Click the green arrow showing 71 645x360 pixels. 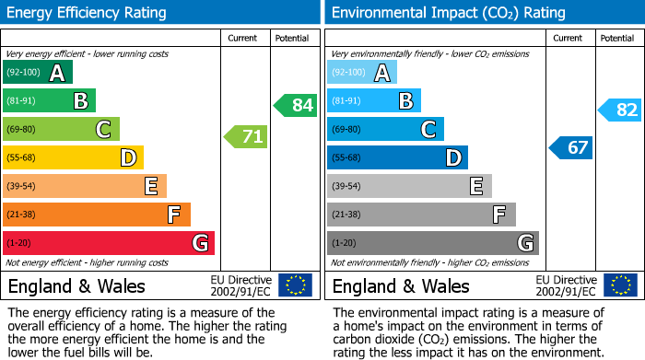[x=246, y=138]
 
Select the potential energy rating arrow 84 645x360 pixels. [x=296, y=105]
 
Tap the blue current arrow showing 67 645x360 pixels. [x=571, y=147]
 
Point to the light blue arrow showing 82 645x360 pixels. [x=620, y=110]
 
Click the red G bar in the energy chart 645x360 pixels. [x=109, y=243]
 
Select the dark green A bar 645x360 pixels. [x=38, y=73]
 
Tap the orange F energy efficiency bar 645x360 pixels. [x=97, y=215]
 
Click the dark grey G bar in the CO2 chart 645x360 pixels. [x=433, y=243]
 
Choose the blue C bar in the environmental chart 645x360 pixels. [x=385, y=129]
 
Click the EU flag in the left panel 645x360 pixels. [x=295, y=285]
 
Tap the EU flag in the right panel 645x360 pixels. [x=619, y=285]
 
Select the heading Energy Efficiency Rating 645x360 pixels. [x=86, y=13]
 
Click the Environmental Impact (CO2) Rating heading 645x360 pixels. [x=448, y=13]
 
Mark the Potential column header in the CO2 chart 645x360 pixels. [x=616, y=38]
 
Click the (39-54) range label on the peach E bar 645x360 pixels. [x=20, y=186]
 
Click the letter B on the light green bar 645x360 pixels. [x=80, y=100]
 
